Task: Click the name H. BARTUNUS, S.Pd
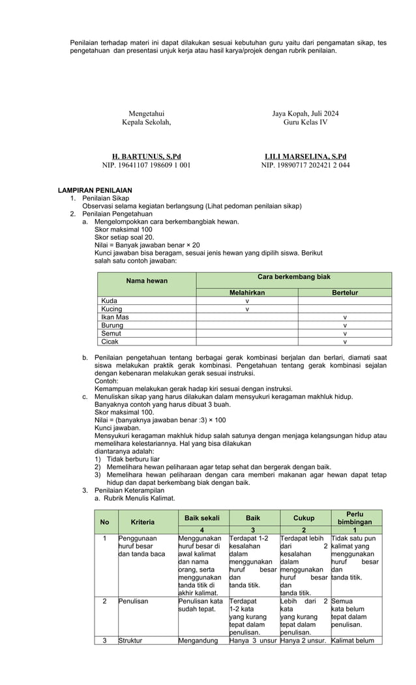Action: tap(147, 157)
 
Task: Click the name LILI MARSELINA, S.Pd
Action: tap(305, 157)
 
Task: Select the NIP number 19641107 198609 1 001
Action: tap(147, 166)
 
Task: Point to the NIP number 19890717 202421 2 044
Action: tap(305, 166)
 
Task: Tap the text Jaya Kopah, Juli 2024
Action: tap(305, 113)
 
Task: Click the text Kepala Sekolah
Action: tap(147, 122)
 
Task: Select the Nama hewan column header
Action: tap(147, 281)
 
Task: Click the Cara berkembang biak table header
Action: tap(294, 277)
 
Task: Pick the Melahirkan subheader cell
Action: tap(247, 293)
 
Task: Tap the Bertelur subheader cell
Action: tap(345, 293)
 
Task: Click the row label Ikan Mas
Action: tap(115, 317)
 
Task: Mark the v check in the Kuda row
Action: tap(247, 301)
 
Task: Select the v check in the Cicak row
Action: tap(345, 341)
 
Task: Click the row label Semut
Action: tap(111, 333)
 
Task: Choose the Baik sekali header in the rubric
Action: tap(202, 517)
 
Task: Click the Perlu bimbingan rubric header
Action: tap(355, 518)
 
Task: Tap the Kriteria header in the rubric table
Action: tap(143, 522)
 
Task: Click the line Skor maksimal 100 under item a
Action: tap(123, 230)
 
